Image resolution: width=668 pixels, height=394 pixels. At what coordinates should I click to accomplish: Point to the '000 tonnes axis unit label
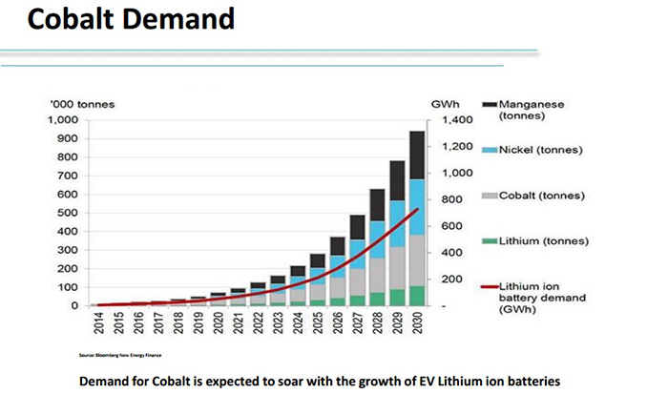click(77, 104)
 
